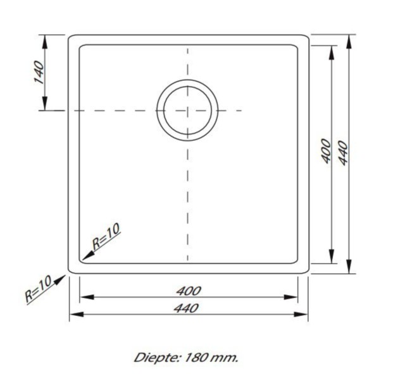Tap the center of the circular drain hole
pos(187,110)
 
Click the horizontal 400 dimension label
pos(188,291)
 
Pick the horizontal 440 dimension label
pos(188,308)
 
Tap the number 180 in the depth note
pos(196,358)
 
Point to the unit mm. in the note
pos(225,358)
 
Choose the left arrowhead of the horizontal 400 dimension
pos(82,297)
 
